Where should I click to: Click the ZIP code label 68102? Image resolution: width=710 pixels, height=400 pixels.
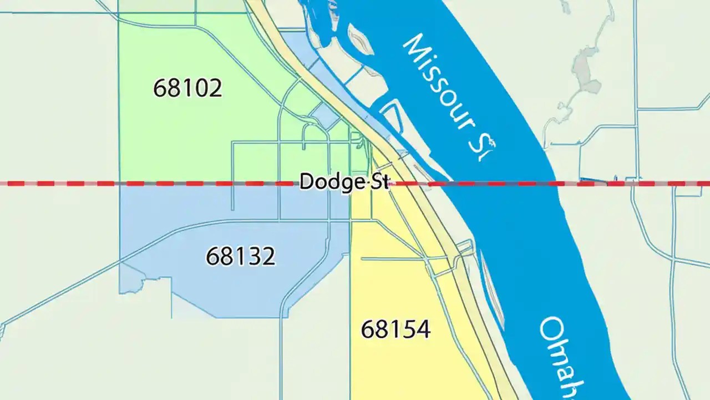(x=187, y=88)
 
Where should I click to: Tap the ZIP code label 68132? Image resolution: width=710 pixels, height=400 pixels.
(x=240, y=256)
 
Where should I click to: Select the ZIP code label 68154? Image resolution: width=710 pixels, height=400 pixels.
(x=395, y=329)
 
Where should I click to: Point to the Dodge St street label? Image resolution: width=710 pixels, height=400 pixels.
(x=344, y=182)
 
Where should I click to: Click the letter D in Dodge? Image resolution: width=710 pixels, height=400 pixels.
(x=307, y=182)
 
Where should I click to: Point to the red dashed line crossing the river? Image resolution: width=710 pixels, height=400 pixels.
(x=499, y=183)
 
